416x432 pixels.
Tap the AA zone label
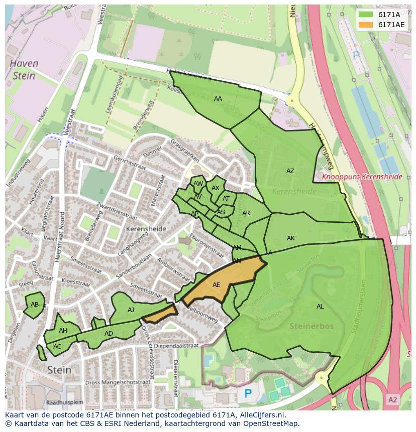point(218,99)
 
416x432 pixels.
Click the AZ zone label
point(290,171)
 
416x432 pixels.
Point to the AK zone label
point(290,238)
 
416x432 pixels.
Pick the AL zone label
point(320,307)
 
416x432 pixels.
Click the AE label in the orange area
point(216,285)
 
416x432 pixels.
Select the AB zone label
point(35,305)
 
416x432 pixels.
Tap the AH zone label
point(63,331)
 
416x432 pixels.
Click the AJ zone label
point(131,310)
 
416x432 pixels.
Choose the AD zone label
point(109,334)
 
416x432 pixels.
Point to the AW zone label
point(198,184)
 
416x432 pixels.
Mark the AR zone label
point(246,213)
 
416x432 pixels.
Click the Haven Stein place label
point(25,70)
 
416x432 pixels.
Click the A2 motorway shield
point(392,399)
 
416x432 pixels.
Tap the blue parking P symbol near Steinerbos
point(248,394)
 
